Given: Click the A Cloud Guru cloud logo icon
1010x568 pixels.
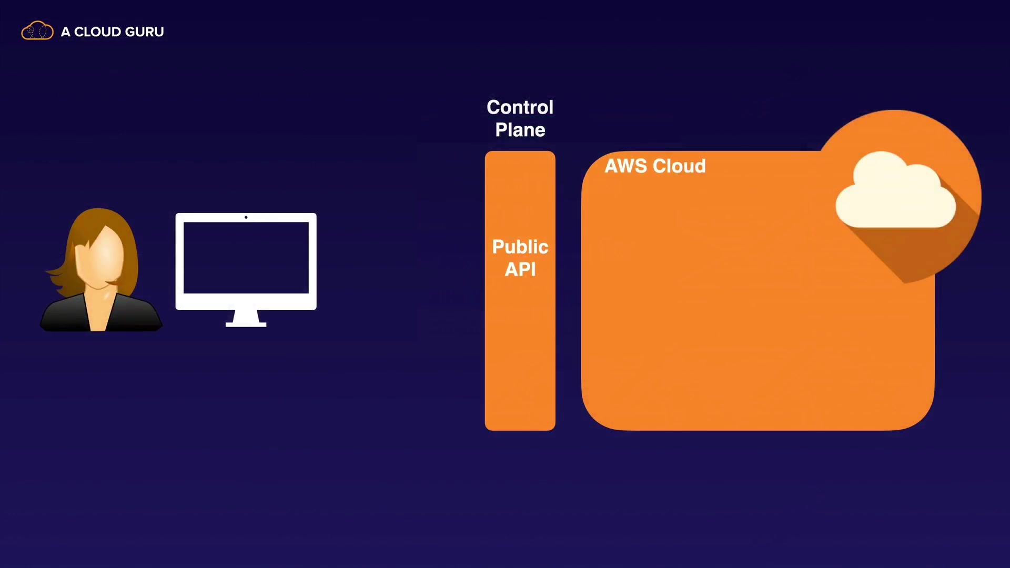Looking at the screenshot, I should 37,31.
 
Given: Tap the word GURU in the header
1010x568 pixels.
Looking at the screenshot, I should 144,32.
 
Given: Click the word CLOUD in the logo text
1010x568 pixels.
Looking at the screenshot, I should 97,32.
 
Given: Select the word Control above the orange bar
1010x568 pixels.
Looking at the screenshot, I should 520,107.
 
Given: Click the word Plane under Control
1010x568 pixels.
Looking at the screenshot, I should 520,130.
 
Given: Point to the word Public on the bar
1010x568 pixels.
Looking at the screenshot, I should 520,247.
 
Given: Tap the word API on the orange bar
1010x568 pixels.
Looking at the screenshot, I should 520,269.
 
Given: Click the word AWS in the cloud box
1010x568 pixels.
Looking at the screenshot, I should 625,166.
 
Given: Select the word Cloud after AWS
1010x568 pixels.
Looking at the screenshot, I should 679,166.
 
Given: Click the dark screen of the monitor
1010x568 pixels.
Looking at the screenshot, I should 246,258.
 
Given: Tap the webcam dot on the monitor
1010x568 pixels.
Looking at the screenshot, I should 246,217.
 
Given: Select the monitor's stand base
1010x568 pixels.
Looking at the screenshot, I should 246,324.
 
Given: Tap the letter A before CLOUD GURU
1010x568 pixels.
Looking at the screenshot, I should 65,32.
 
